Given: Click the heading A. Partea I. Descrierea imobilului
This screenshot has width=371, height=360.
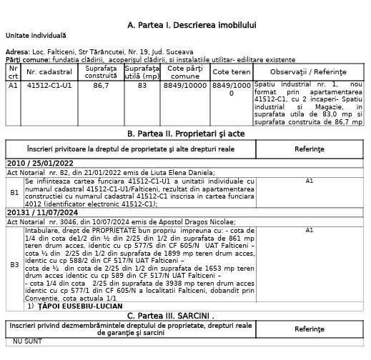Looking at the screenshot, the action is pyautogui.click(x=191, y=25).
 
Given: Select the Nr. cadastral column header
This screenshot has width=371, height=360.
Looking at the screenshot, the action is pyautogui.click(x=50, y=72).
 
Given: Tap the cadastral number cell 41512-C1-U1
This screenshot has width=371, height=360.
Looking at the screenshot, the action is pyautogui.click(x=50, y=86).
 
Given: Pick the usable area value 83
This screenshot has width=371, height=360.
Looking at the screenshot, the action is pyautogui.click(x=142, y=86).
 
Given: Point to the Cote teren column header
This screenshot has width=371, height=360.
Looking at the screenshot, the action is pyautogui.click(x=232, y=72).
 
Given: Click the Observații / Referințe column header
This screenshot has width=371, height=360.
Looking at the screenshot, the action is pyautogui.click(x=310, y=72).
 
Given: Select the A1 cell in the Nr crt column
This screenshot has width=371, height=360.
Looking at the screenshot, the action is pyautogui.click(x=13, y=86).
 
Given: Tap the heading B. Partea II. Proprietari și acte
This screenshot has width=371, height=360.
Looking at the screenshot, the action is pyautogui.click(x=186, y=134).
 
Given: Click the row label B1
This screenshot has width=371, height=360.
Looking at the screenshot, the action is pyautogui.click(x=14, y=192).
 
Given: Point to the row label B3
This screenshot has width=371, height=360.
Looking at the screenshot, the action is pyautogui.click(x=14, y=265).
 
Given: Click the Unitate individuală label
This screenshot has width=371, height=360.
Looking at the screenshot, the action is pyautogui.click(x=35, y=35).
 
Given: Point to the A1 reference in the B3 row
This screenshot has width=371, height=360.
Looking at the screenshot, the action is pyautogui.click(x=310, y=230).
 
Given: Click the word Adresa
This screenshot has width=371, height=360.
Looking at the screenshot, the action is pyautogui.click(x=17, y=52).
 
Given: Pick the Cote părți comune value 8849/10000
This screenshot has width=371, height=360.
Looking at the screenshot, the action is pyautogui.click(x=186, y=86).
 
